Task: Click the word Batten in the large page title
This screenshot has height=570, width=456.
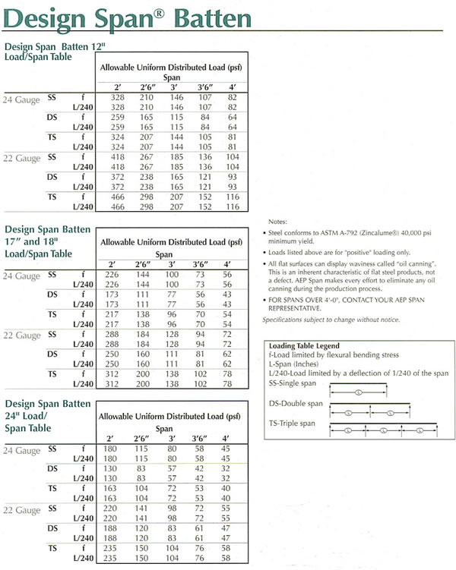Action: (201, 17)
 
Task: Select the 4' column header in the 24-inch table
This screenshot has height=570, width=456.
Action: (226, 438)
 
